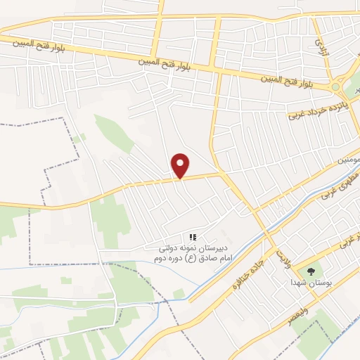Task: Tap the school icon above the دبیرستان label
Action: click(x=193, y=237)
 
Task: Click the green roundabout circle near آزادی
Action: click(x=335, y=87)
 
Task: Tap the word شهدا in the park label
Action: click(x=298, y=282)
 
